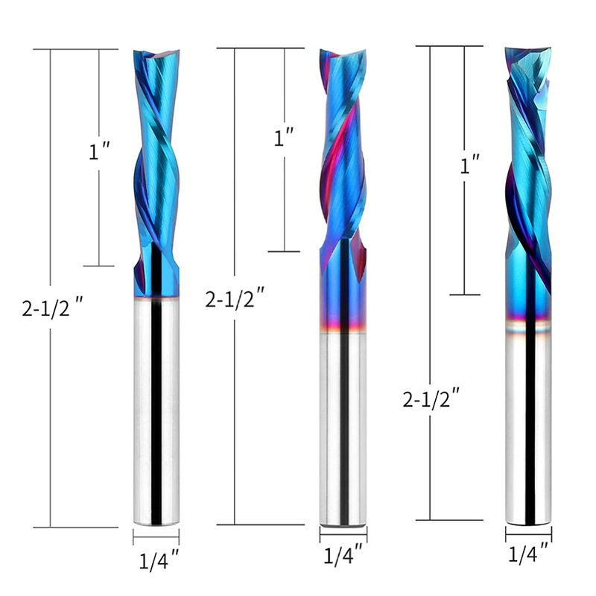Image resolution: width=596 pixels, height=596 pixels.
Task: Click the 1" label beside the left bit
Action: pos(99,151)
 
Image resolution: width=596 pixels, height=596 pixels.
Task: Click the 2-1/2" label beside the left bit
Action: pos(52,308)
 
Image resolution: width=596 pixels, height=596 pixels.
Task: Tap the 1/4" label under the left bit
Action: pos(159,561)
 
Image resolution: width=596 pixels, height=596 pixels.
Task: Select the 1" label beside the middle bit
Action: pos(284,137)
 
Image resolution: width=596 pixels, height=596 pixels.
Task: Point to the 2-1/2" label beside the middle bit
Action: pos(235,298)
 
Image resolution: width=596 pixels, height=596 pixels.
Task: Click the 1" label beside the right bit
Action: pos(470,164)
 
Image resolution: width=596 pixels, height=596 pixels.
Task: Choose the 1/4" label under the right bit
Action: pos(528,554)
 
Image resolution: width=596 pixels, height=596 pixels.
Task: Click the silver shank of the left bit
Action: pos(156,411)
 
